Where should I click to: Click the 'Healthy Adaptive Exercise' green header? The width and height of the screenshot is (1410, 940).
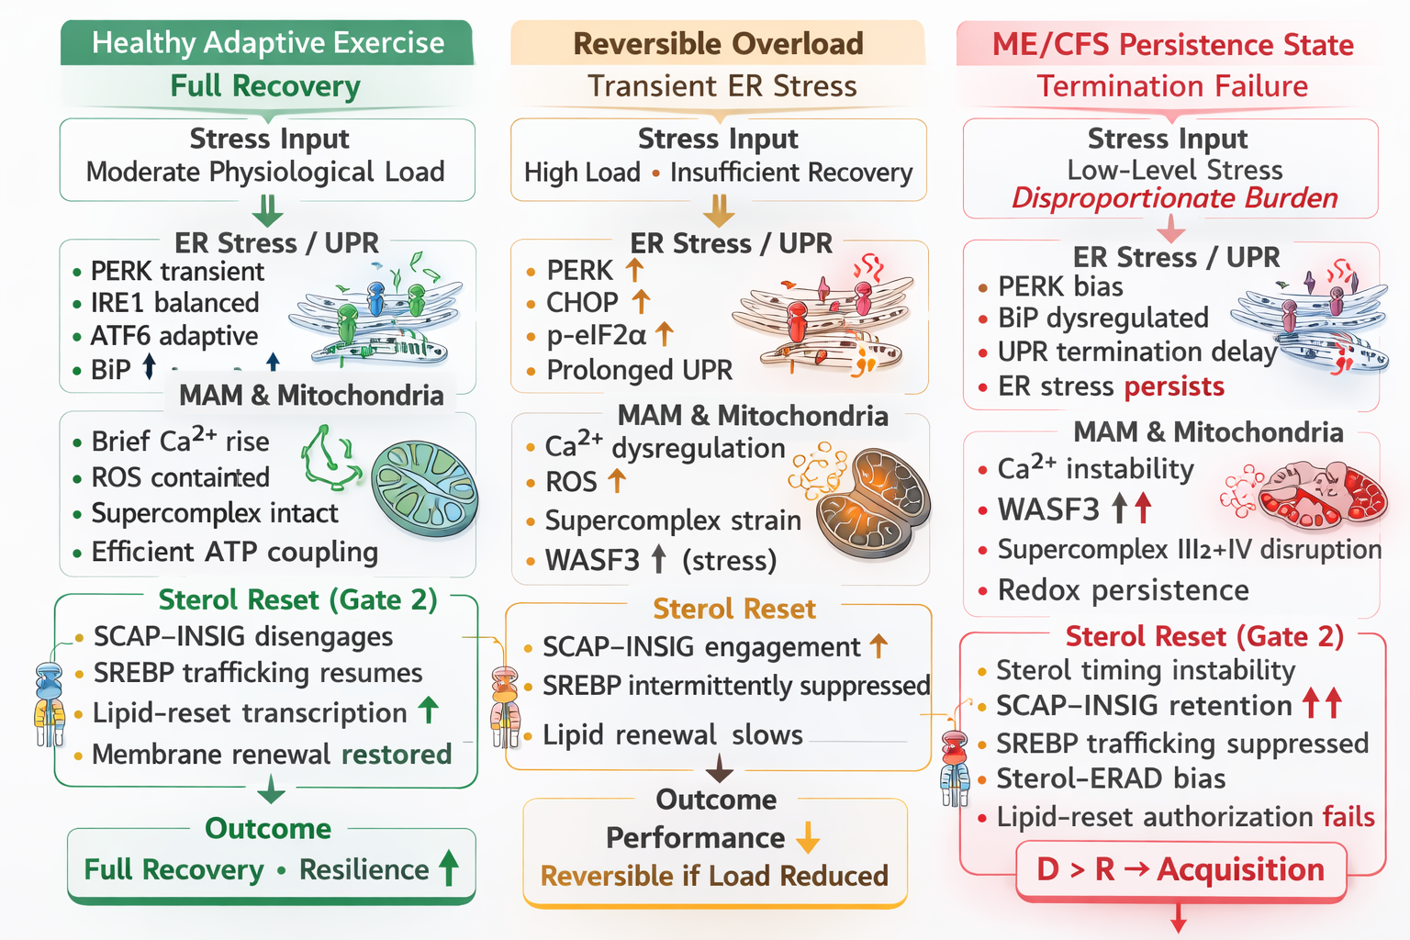click(267, 43)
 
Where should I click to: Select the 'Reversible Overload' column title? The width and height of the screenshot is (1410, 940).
click(718, 44)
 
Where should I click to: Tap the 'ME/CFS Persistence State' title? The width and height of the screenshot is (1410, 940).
click(1172, 45)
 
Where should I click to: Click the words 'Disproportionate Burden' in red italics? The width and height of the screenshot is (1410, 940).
click(1174, 198)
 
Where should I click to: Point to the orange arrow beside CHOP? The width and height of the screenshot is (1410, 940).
click(641, 302)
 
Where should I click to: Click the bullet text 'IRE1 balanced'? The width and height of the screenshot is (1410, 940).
click(174, 303)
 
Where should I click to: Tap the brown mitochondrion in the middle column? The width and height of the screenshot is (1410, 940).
click(872, 503)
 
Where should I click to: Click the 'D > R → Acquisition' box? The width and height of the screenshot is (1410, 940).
click(1181, 870)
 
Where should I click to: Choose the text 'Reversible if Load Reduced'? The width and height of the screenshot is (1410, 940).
click(714, 876)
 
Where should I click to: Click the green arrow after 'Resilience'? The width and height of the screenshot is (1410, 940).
click(449, 868)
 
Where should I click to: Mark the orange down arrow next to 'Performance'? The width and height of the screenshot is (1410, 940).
click(808, 838)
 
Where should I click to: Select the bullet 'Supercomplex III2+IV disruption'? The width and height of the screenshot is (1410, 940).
click(1189, 550)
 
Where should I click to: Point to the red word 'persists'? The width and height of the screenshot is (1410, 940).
click(1174, 386)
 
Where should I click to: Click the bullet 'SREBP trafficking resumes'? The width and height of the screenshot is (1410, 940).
click(258, 673)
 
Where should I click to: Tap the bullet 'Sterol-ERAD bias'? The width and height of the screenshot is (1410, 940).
click(1111, 779)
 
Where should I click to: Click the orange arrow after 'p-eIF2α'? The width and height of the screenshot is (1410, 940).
click(665, 335)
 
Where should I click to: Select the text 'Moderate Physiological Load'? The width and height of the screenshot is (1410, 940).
click(265, 173)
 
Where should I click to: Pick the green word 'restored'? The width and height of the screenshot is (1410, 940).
click(397, 755)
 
